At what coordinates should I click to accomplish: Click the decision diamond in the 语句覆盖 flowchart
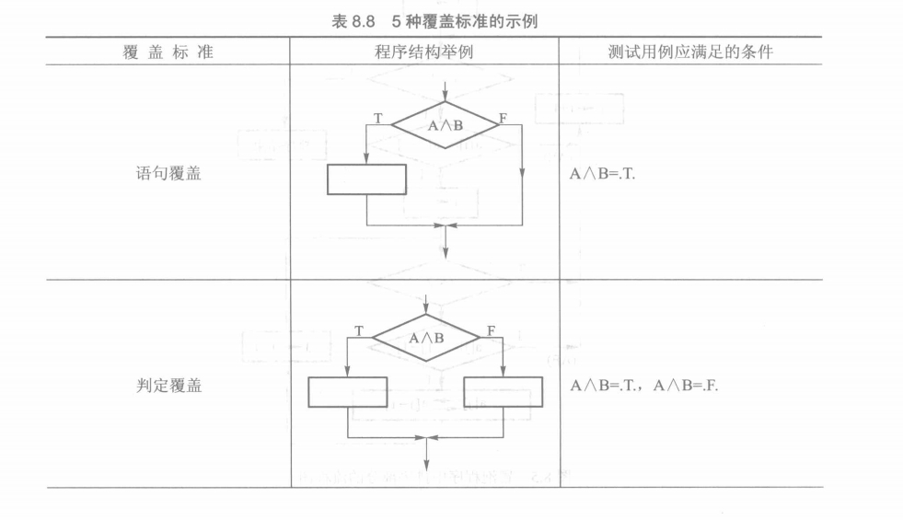pos(446,125)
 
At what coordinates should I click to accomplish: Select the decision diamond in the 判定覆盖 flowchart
pos(426,337)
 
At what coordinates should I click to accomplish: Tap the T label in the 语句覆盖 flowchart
pos(377,117)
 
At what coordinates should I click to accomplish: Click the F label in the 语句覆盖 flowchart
pos(502,117)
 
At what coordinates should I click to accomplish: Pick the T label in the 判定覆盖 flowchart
pos(357,329)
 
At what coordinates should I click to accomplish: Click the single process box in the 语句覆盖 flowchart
pos(366,179)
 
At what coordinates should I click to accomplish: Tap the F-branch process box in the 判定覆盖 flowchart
pos(504,392)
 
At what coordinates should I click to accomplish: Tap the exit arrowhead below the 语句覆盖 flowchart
pos(446,249)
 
